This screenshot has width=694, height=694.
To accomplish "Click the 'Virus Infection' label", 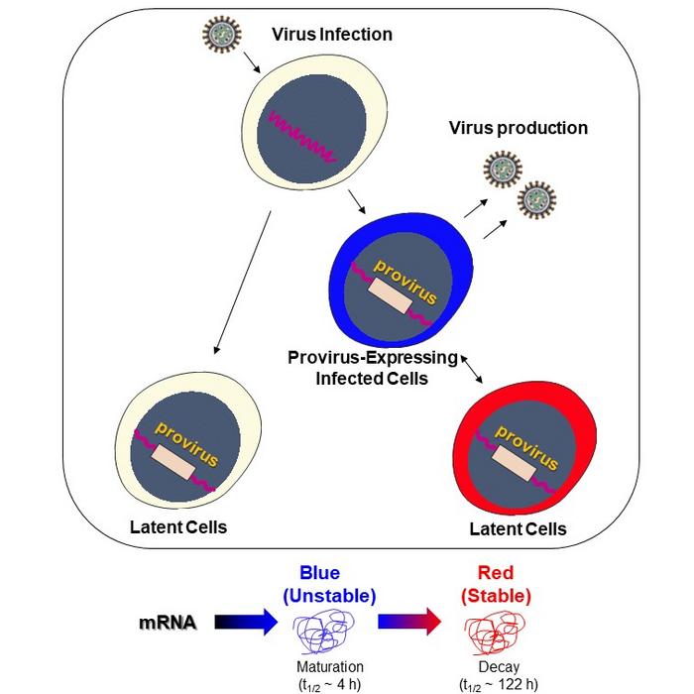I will click(332, 35).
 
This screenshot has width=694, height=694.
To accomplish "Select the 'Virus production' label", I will click(518, 128).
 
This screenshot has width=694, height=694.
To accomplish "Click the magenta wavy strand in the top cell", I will click(298, 138).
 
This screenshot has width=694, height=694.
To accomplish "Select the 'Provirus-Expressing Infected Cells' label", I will click(372, 367).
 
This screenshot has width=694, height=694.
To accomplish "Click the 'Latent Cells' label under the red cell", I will click(518, 528).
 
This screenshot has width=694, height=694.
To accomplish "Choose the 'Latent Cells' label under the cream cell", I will click(178, 526).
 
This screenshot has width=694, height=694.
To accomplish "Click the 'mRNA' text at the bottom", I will click(168, 623).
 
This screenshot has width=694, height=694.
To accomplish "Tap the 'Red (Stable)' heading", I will click(504, 585).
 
